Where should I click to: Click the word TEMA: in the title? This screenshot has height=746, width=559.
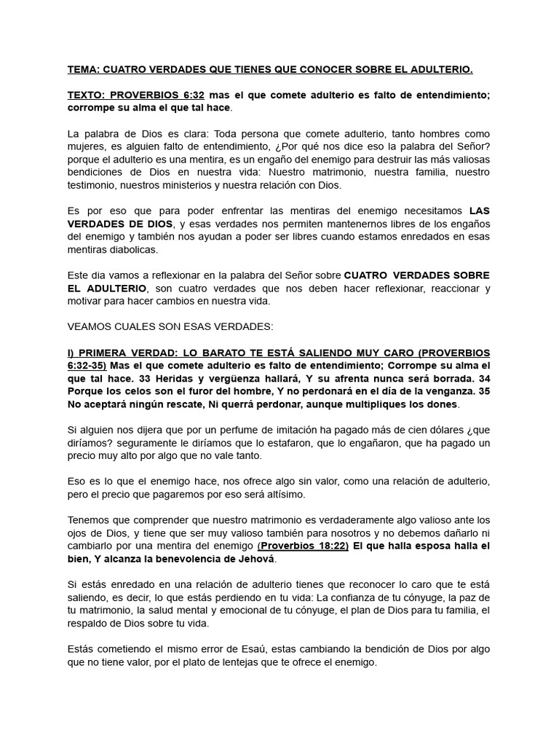click(x=83, y=70)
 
